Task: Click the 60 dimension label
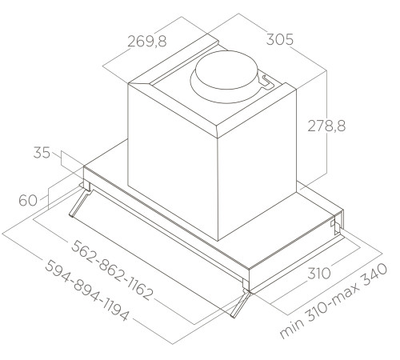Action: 26,200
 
